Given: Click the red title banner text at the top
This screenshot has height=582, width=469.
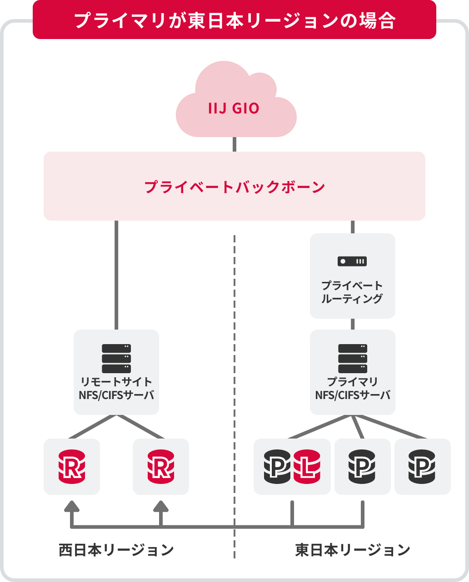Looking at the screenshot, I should point(234,20).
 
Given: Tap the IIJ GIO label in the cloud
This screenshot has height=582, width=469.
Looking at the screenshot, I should point(234,109).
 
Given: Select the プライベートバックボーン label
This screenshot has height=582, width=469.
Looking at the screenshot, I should point(234,187).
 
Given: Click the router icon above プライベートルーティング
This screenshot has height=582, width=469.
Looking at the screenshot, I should point(352,261).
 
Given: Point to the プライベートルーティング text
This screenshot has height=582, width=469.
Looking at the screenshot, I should point(352,292).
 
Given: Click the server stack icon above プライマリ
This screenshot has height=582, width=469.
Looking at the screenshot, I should point(353,359).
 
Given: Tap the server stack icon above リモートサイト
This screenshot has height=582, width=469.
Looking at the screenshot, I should point(116,359).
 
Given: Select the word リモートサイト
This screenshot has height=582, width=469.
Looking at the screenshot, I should point(116,382).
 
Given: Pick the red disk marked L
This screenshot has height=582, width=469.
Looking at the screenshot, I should point(308,467).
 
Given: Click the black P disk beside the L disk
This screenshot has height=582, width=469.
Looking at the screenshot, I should point(277,467).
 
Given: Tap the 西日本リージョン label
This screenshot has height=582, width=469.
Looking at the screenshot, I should point(116,550).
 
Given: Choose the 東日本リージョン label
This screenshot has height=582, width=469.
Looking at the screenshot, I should point(353,550).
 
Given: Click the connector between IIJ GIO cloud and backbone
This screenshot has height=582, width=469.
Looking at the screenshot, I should point(234,144).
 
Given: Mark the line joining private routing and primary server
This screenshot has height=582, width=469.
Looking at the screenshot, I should point(353,324).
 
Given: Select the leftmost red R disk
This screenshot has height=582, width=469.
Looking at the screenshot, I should point(71,467).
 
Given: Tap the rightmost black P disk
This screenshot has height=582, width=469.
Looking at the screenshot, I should point(422,467).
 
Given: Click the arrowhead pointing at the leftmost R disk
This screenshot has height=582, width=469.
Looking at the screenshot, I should point(71,507).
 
